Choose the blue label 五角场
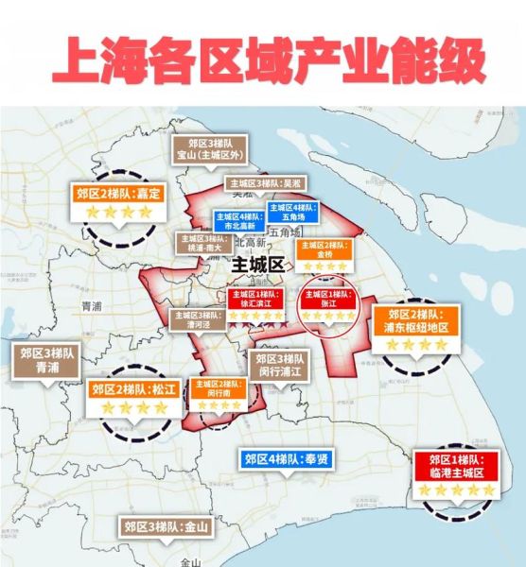click(x=293, y=212)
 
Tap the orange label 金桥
click(x=324, y=249)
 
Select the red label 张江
click(x=327, y=298)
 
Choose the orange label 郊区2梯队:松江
click(x=133, y=388)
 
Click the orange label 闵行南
click(x=219, y=387)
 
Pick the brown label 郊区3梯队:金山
click(x=165, y=527)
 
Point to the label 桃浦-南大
click(x=201, y=242)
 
